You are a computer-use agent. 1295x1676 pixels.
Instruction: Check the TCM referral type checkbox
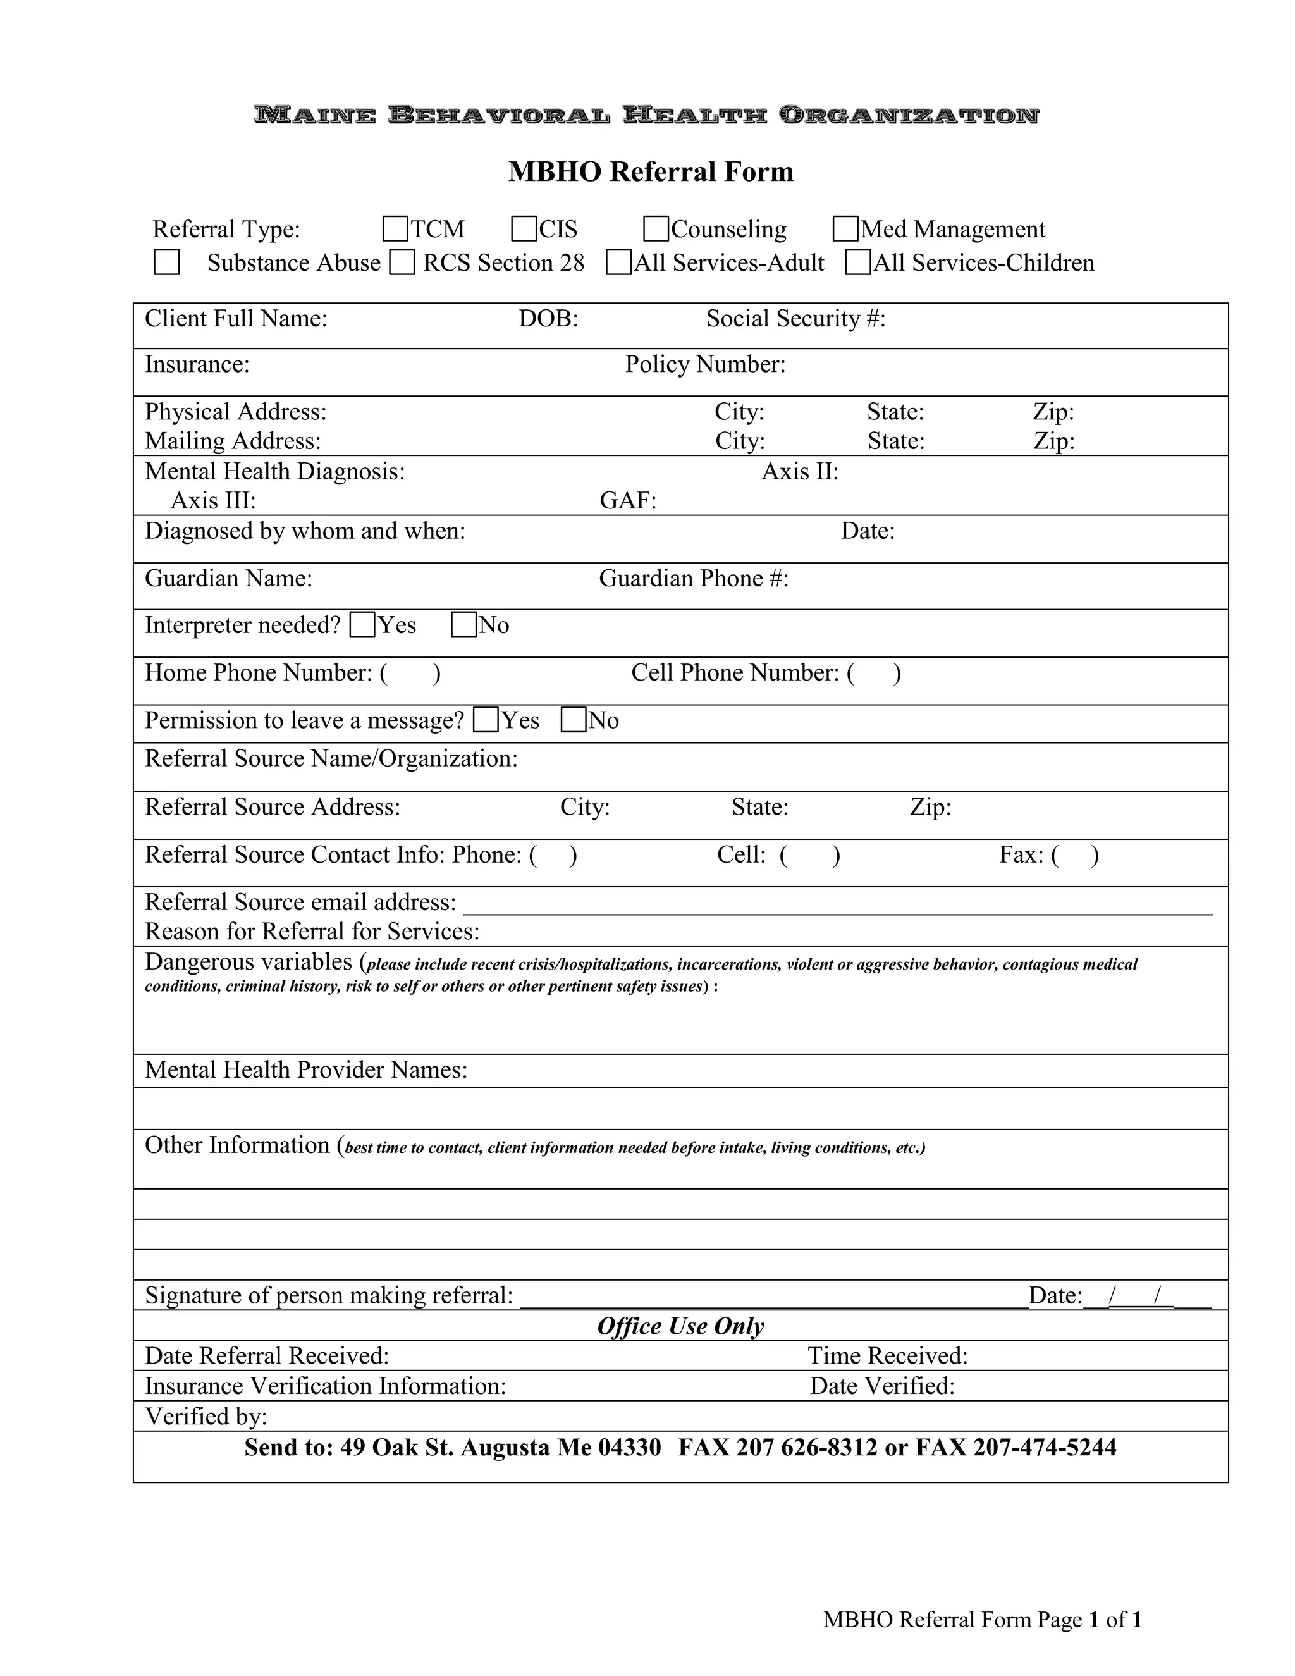pyautogui.click(x=395, y=229)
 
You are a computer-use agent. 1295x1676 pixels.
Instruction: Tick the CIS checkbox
pyautogui.click(x=524, y=229)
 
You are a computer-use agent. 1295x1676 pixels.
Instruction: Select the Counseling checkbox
pyautogui.click(x=656, y=229)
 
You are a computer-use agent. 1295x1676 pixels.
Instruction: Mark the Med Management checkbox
pyautogui.click(x=845, y=229)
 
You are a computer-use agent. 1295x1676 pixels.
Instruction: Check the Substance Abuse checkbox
pyautogui.click(x=166, y=262)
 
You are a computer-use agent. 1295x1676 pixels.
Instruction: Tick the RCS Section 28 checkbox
pyautogui.click(x=402, y=262)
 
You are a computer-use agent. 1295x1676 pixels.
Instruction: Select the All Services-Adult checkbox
pyautogui.click(x=618, y=262)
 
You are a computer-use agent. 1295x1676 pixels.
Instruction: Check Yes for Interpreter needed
pyautogui.click(x=362, y=625)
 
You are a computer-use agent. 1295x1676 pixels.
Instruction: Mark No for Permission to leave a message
pyautogui.click(x=573, y=720)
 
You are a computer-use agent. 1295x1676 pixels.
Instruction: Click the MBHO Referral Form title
pyautogui.click(x=651, y=171)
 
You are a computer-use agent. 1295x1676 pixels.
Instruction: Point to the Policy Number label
pyautogui.click(x=705, y=364)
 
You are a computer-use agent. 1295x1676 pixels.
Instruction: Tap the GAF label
pyautogui.click(x=627, y=501)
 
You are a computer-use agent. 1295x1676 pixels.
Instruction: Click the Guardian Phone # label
pyautogui.click(x=694, y=579)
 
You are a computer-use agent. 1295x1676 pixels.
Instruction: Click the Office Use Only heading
pyautogui.click(x=680, y=1327)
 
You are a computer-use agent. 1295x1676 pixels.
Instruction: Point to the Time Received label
pyautogui.click(x=887, y=1356)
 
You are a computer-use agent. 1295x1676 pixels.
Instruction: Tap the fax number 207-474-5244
pyautogui.click(x=1044, y=1447)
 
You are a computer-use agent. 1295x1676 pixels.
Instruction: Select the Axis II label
pyautogui.click(x=799, y=472)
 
